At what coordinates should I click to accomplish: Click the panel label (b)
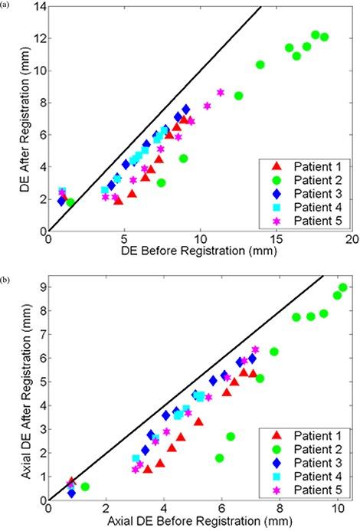click(x=6, y=269)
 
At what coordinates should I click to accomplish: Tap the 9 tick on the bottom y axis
click(x=40, y=287)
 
